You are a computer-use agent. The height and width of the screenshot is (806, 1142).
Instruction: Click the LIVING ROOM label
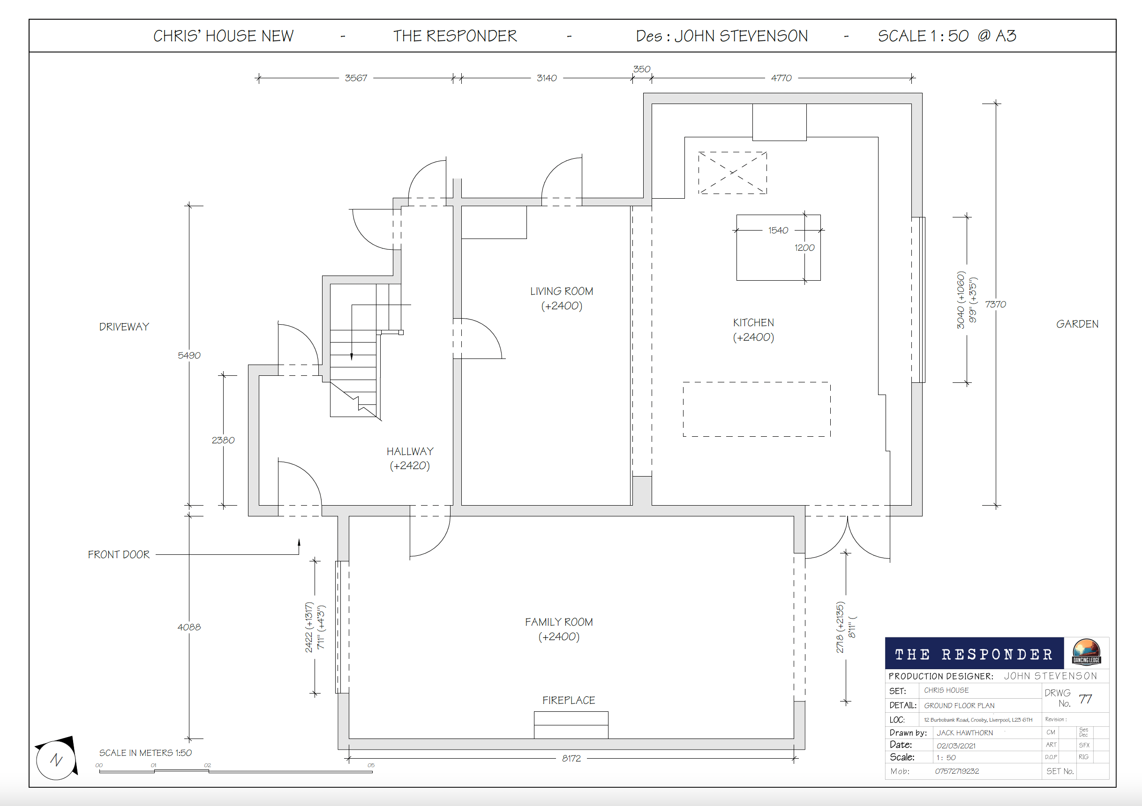coord(562,291)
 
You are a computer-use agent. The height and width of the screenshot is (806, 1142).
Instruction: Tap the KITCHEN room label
coord(753,323)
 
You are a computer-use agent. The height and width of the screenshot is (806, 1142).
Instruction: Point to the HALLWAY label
coord(410,451)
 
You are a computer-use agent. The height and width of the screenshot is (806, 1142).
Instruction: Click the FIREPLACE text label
coord(569,700)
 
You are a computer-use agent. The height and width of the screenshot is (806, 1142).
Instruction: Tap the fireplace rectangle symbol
coord(571,725)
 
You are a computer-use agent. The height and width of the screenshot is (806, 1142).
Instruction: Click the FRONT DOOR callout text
coord(119,554)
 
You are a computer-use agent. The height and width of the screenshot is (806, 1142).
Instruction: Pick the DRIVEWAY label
coord(124,327)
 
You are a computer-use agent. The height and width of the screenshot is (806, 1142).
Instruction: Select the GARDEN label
coord(1077,324)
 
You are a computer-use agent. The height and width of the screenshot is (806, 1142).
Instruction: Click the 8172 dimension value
coord(571,758)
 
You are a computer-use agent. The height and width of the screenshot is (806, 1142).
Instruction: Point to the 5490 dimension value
coord(189,356)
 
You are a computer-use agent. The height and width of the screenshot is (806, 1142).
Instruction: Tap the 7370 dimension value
coord(995,304)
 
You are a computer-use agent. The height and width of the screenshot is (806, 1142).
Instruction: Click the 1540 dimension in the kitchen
coord(778,230)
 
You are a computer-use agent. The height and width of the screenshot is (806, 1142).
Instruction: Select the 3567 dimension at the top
coord(356,78)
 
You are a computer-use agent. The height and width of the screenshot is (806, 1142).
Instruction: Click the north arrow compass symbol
coord(57,759)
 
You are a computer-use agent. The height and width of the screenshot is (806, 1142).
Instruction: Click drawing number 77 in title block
coord(1085,699)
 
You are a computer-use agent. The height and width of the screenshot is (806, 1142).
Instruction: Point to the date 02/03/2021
coord(956,746)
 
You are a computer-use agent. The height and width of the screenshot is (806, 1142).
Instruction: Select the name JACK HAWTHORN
coord(965,733)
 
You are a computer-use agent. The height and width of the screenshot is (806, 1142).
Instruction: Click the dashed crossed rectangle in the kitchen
coord(732,172)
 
